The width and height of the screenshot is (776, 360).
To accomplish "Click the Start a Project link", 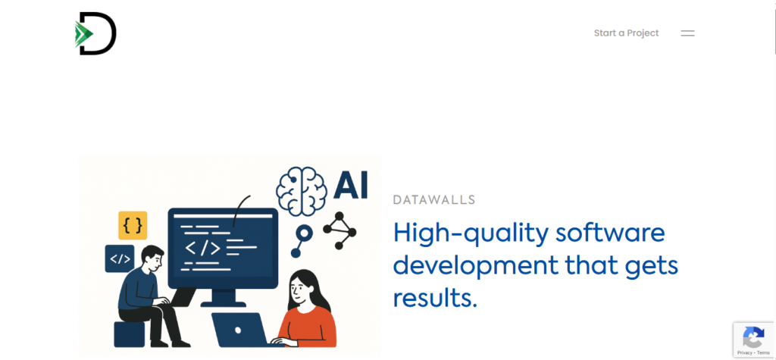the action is (x=626, y=33).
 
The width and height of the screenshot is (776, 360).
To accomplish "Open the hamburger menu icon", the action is (x=687, y=33).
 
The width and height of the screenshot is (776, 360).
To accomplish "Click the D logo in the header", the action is (x=95, y=33).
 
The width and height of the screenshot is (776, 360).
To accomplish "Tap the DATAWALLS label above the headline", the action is (x=434, y=200).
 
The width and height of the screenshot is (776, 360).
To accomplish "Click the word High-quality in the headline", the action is (x=471, y=233).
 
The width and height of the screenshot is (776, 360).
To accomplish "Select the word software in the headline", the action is (x=610, y=233).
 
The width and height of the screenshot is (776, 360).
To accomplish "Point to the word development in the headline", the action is (x=475, y=267).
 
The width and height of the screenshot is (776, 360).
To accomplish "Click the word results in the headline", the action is (x=435, y=298).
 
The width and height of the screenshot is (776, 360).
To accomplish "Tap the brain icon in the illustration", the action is (x=302, y=191).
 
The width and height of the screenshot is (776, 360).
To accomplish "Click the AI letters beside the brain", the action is (x=351, y=186).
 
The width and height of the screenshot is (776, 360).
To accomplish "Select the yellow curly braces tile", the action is (x=133, y=225).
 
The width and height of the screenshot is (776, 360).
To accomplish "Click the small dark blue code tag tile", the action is (x=119, y=258).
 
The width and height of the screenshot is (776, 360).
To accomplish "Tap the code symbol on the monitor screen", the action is (x=202, y=246).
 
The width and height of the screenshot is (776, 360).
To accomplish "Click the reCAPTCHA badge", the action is (x=754, y=340).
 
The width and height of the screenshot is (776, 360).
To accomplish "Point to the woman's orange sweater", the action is (x=308, y=327).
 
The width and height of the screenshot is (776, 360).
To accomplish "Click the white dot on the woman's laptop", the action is (x=237, y=330).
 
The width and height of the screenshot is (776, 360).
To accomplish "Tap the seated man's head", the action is (x=152, y=257).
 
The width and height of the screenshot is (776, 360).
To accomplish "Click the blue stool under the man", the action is (x=129, y=334).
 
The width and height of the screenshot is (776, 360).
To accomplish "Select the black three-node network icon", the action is (x=339, y=230).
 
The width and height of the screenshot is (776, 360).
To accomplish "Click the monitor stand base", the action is (x=223, y=304).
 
